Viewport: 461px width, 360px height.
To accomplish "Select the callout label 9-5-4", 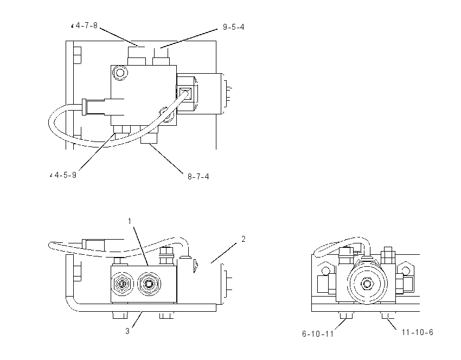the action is (233, 27).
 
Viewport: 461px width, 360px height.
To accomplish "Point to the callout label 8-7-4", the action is (199, 177).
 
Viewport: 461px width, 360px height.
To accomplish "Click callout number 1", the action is (130, 221).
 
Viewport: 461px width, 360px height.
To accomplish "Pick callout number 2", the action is (243, 239).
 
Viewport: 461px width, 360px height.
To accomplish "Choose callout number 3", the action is (127, 331).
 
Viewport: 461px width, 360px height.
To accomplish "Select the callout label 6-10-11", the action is (318, 334).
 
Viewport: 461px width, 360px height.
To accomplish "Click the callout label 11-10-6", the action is (417, 332).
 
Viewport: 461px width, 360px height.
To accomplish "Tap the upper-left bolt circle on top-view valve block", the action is (120, 72).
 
